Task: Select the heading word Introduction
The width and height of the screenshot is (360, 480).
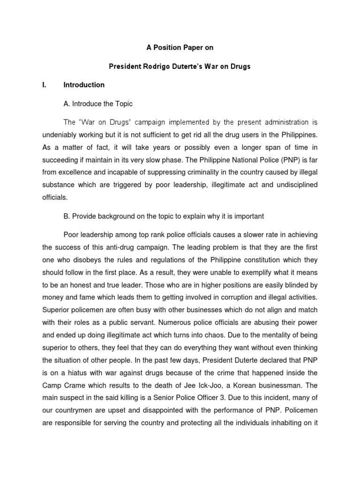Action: click(x=84, y=85)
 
